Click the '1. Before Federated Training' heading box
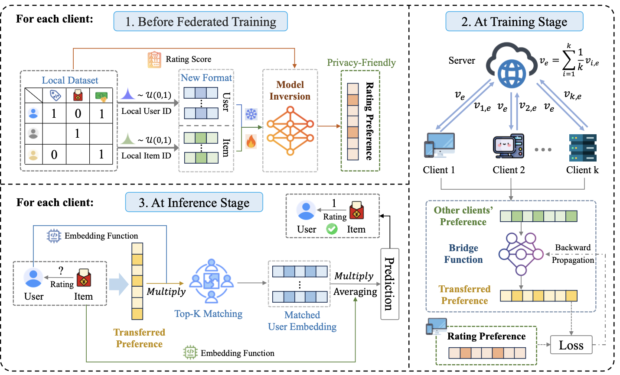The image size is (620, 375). [200, 22]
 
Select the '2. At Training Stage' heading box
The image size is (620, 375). [514, 22]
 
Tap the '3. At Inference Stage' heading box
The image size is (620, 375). [194, 203]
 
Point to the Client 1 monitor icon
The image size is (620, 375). [439, 145]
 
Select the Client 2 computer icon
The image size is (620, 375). [509, 146]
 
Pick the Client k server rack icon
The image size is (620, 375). [583, 147]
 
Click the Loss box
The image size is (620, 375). [571, 345]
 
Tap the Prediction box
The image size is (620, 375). [389, 284]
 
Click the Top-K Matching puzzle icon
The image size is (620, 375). [211, 281]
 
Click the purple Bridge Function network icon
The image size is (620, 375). [521, 254]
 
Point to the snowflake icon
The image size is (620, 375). [251, 114]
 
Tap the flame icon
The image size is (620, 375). [251, 141]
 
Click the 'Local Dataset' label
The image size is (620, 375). [70, 80]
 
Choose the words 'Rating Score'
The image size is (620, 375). [189, 59]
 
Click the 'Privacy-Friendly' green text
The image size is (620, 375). [361, 63]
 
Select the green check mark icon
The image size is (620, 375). [332, 229]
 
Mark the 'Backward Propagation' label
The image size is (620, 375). [573, 254]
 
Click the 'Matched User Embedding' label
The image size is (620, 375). [302, 321]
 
